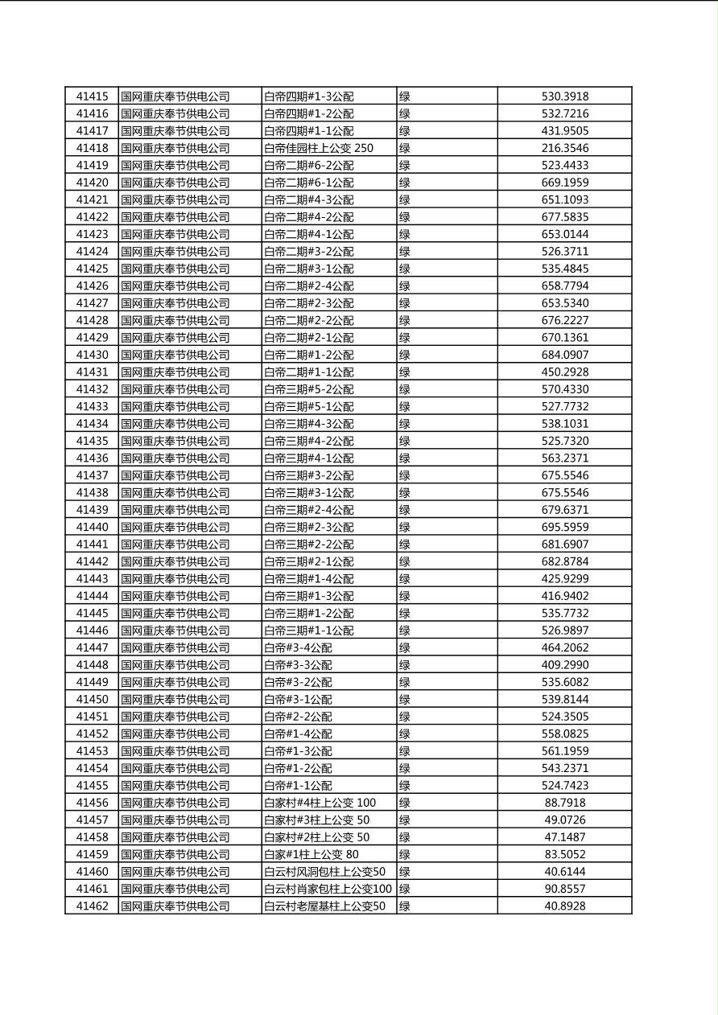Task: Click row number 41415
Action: [92, 97]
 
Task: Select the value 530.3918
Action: [564, 97]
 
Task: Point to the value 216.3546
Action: [564, 148]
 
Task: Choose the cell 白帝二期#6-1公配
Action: [309, 183]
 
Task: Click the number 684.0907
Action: [564, 355]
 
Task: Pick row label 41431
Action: [92, 372]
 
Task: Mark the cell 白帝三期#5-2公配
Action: [309, 389]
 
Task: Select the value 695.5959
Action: [564, 527]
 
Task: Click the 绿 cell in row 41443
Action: [405, 578]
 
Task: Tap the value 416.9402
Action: [564, 596]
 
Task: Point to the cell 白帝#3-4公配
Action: [298, 647]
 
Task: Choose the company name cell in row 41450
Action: [175, 699]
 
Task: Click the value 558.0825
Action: [564, 734]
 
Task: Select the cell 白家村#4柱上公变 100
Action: [320, 803]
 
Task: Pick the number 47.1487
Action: [564, 837]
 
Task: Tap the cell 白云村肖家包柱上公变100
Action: [328, 889]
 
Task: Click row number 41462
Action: [92, 906]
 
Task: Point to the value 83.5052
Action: [564, 854]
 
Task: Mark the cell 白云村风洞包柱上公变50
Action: [324, 872]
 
